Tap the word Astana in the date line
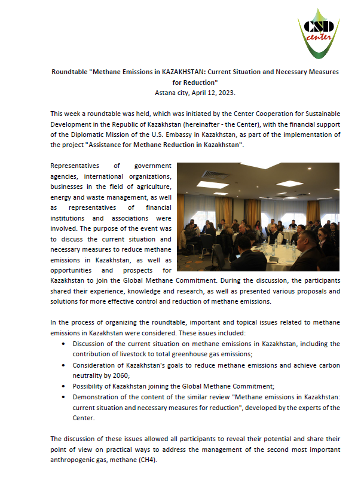(165, 93)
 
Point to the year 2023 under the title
(224, 93)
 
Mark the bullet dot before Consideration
(64, 364)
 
